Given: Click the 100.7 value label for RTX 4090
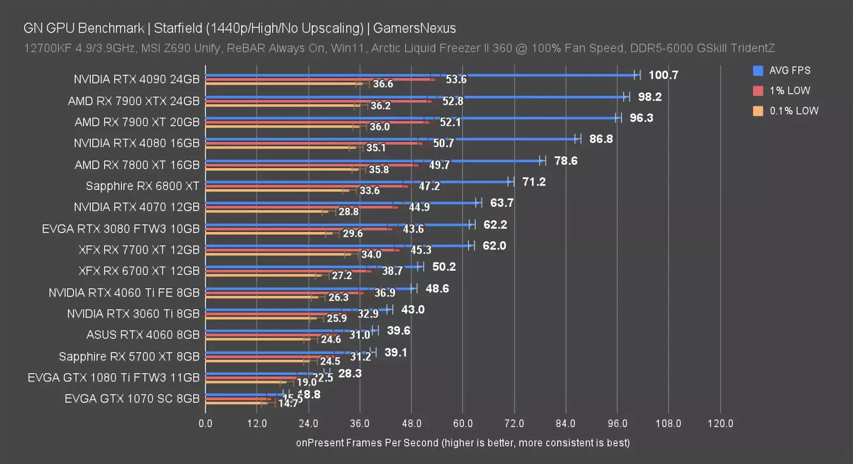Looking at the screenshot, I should [x=663, y=75].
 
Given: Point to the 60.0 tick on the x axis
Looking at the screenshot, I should [x=462, y=423].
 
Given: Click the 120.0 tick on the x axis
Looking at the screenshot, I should [x=720, y=423].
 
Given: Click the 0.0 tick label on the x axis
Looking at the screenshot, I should [x=205, y=423].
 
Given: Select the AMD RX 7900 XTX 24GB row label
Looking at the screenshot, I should [x=133, y=101].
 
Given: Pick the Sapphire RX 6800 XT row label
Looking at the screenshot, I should [x=142, y=186].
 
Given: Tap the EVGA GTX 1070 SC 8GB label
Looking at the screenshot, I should [x=132, y=399].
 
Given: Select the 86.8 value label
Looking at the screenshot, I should [x=601, y=139].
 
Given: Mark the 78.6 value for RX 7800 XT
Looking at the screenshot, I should [x=565, y=161].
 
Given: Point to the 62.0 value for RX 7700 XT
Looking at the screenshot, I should [x=494, y=246].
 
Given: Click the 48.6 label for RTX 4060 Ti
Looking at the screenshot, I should [x=437, y=289].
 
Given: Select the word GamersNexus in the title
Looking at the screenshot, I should [x=414, y=28].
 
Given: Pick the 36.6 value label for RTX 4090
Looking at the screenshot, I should [x=383, y=84].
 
